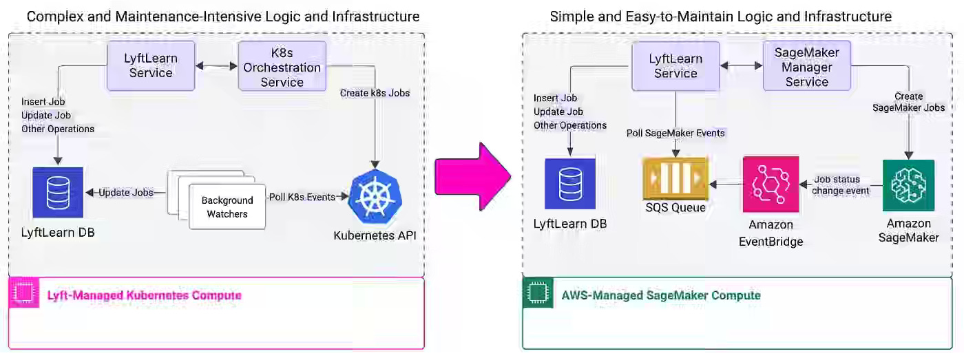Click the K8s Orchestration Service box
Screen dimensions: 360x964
pos(282,66)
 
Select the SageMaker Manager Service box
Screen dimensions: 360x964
pos(806,66)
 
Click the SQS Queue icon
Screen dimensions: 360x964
pos(675,178)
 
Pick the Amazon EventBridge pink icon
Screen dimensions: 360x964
pos(771,184)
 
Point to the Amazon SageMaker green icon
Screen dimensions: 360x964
pos(908,184)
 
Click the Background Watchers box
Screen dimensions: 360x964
pos(227,207)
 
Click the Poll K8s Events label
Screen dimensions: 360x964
pos(302,197)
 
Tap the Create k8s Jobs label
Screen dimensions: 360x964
pos(375,93)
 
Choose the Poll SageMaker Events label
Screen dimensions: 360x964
pos(675,133)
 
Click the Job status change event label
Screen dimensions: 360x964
pos(841,185)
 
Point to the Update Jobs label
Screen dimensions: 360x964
pos(125,192)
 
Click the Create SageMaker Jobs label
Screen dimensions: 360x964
pos(908,102)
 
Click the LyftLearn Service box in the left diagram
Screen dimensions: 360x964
pos(151,66)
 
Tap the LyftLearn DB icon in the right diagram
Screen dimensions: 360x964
pos(569,184)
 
